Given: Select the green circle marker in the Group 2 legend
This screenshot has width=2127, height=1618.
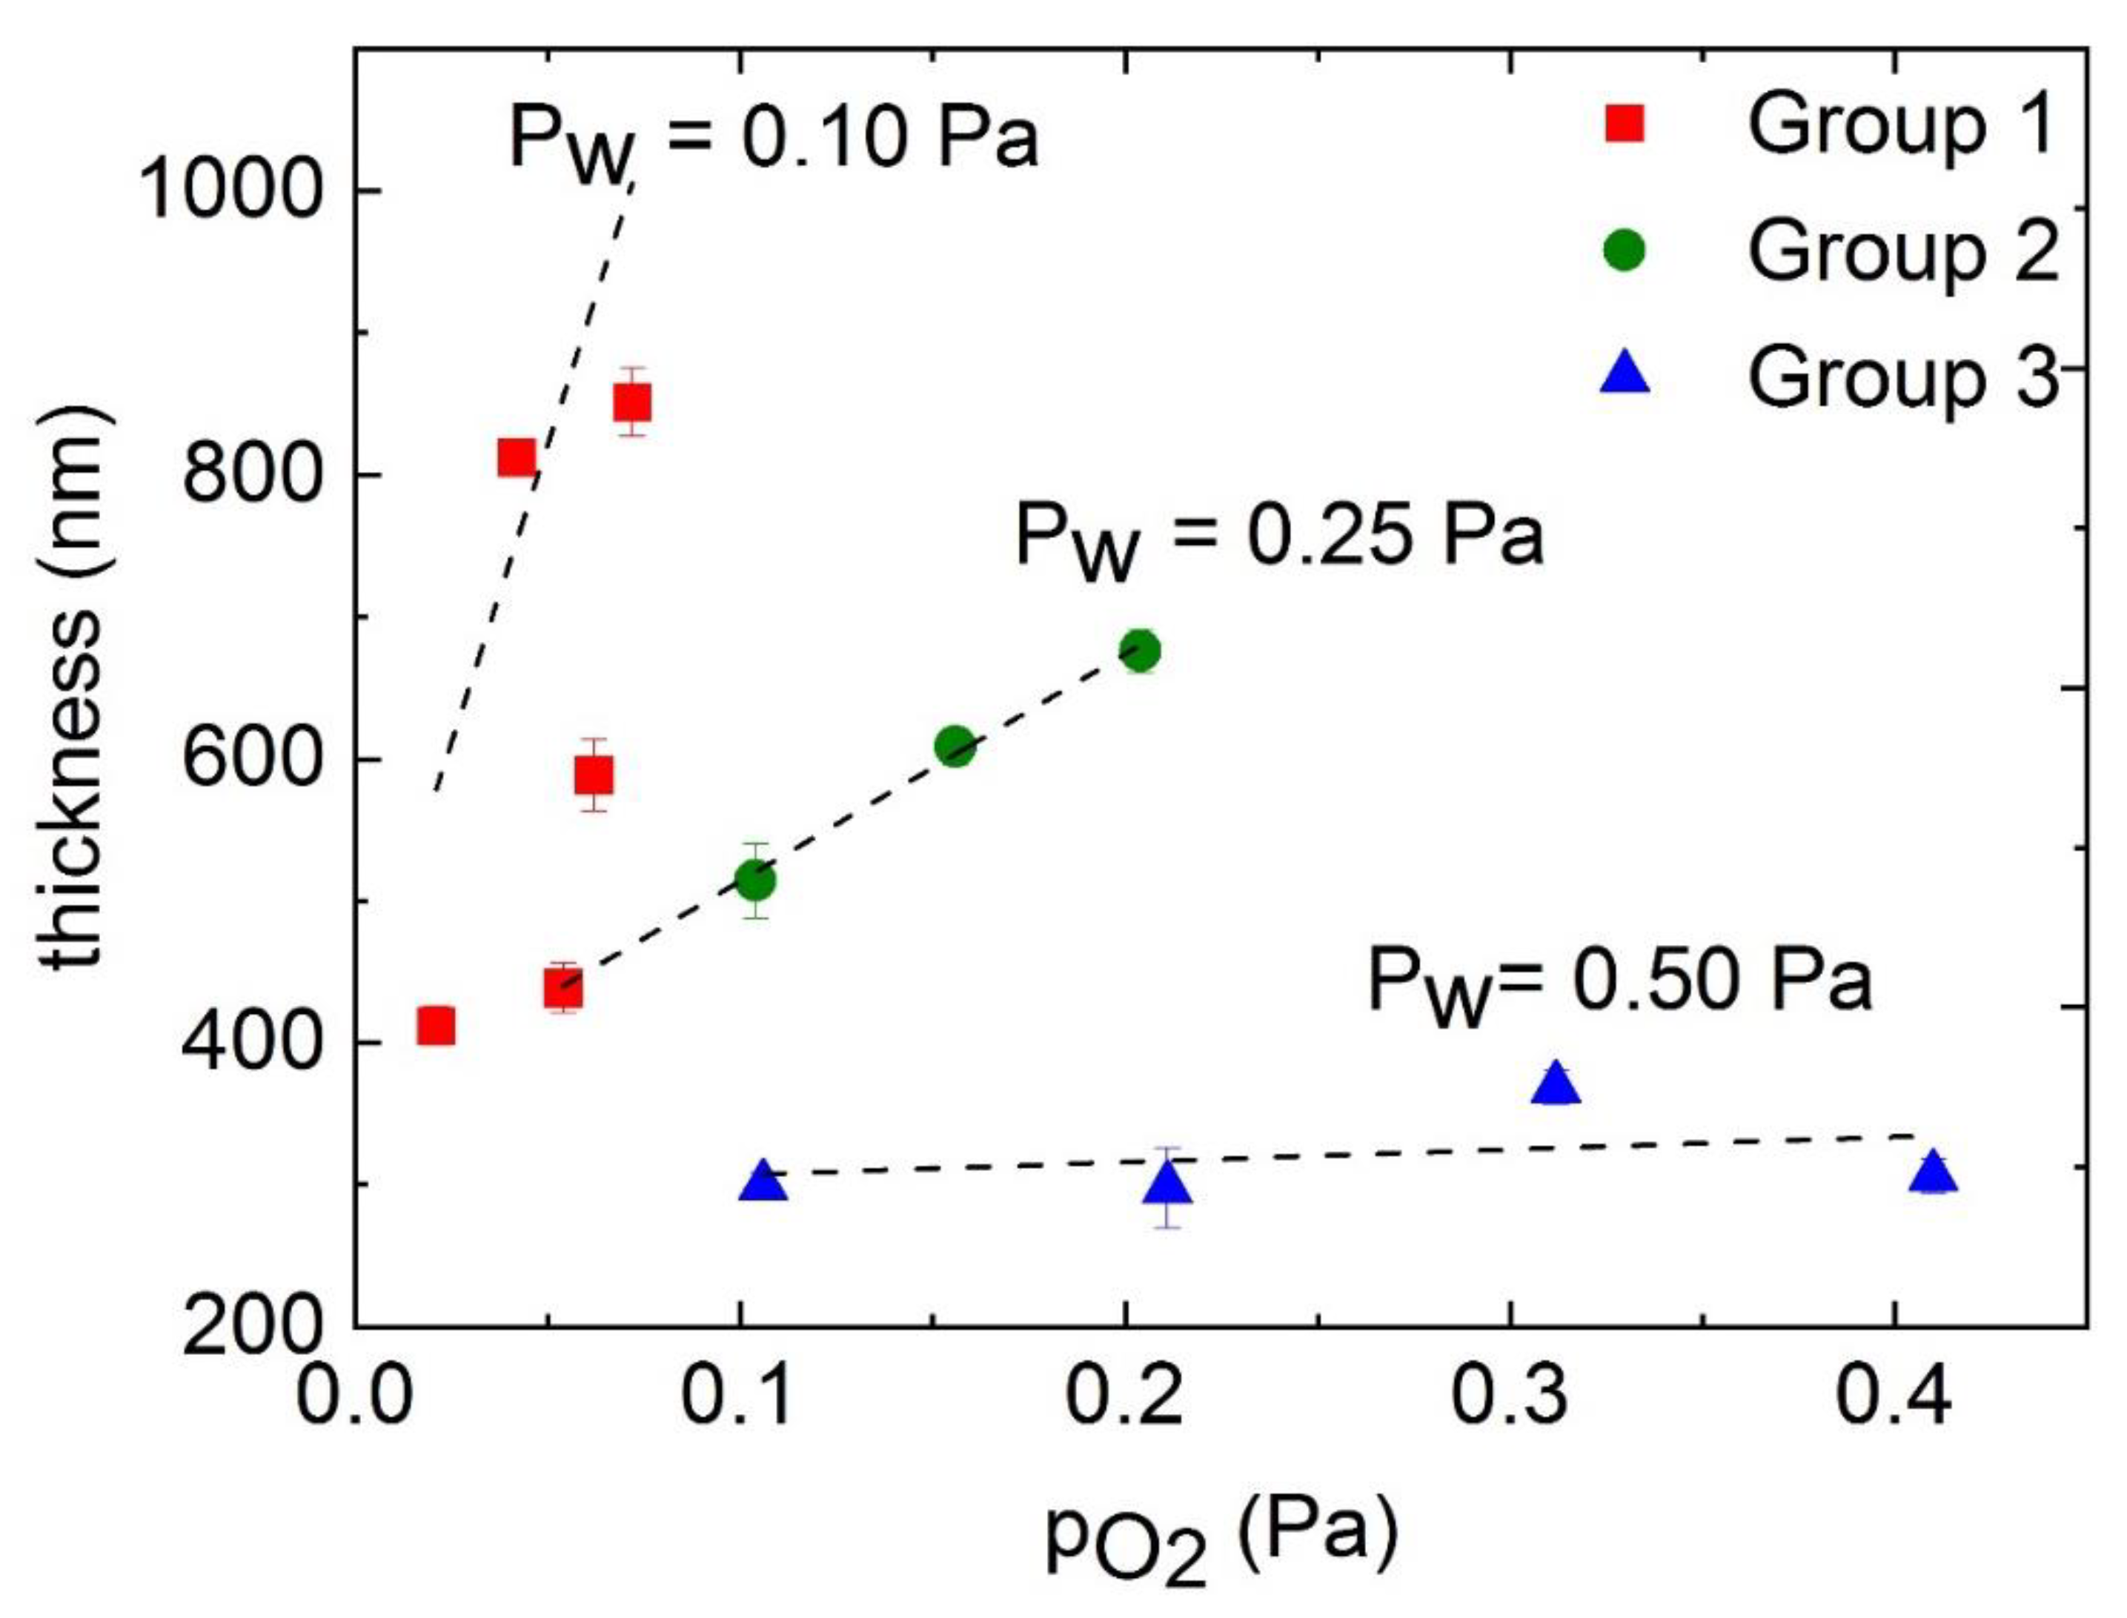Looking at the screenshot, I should click(1625, 251).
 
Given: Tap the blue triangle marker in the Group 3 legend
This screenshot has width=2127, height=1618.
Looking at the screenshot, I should click(1625, 374).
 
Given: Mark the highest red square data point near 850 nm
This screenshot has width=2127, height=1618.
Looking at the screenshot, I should click(633, 402).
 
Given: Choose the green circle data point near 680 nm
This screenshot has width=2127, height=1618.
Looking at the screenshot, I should click(1139, 651).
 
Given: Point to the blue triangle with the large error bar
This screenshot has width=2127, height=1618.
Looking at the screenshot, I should click(1169, 1184).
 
